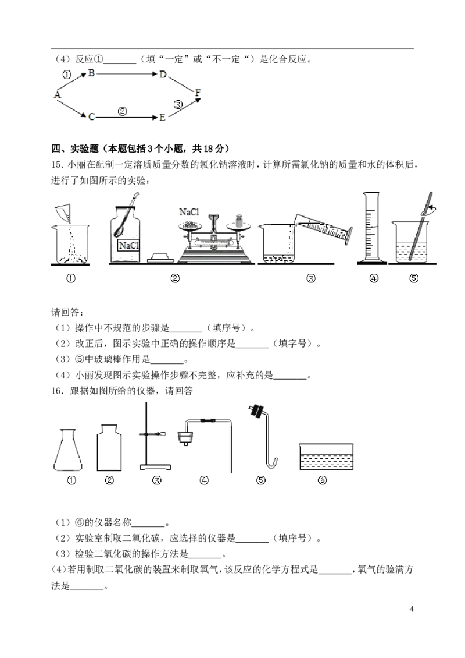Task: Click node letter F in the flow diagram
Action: (198, 93)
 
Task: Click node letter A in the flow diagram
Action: (58, 94)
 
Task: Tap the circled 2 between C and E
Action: (122, 111)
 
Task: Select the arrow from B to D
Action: (127, 75)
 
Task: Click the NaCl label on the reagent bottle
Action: (128, 245)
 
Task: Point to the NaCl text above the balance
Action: (189, 212)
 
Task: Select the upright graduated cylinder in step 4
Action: (371, 228)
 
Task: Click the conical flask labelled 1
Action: (68, 450)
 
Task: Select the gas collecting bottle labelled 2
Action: (109, 448)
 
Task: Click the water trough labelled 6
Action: (327, 457)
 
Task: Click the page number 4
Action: (412, 609)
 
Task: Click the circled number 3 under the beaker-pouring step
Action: (311, 278)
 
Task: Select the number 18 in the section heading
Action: (208, 148)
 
